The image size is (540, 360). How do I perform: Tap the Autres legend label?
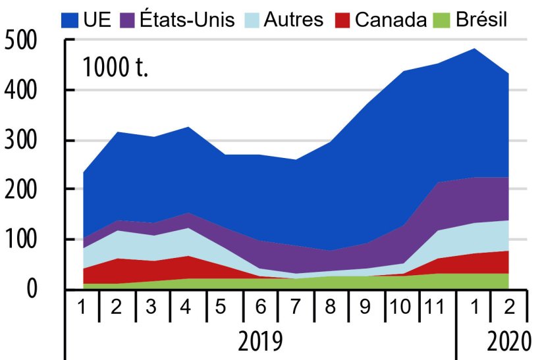tap(293, 19)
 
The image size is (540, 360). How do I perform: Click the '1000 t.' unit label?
tap(115, 66)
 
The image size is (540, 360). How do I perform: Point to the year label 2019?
tap(261, 342)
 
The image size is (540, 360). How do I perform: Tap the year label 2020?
tap(508, 342)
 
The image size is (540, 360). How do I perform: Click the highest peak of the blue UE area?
tap(475, 49)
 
